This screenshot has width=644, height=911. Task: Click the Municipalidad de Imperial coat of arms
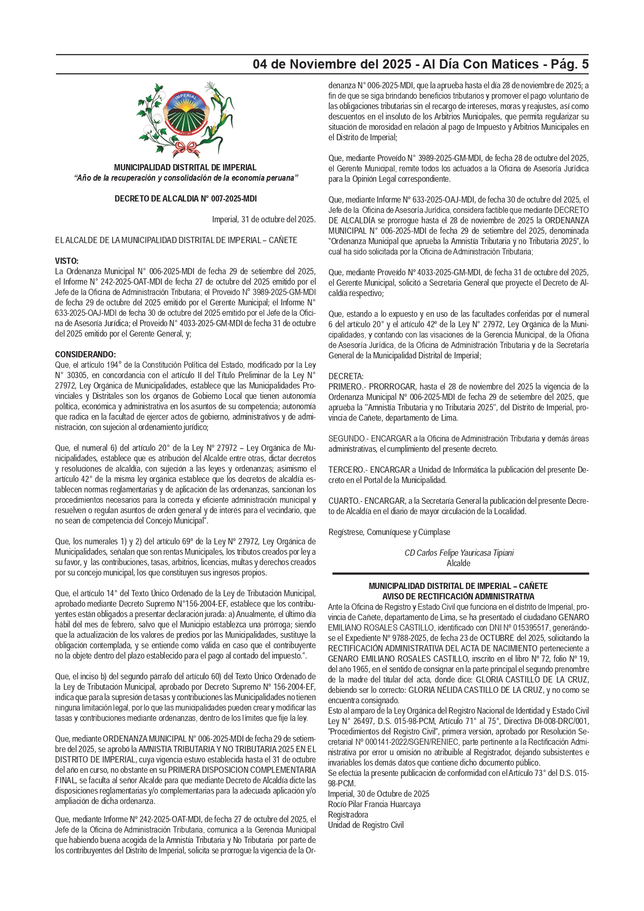(185, 119)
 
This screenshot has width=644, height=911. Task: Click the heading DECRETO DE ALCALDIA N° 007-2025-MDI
(185, 198)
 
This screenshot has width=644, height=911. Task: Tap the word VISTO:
(66, 261)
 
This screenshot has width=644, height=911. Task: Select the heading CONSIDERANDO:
(86, 354)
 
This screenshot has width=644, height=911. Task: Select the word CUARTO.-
(345, 501)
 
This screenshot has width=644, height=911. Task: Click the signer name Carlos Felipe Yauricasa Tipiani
(459, 553)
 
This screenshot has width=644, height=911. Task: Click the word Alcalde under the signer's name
(459, 563)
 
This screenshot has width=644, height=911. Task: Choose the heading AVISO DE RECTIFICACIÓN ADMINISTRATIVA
(458, 596)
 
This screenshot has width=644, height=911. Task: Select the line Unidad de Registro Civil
(366, 825)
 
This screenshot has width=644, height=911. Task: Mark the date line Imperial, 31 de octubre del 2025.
(264, 219)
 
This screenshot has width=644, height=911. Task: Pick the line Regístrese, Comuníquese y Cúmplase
(389, 532)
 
